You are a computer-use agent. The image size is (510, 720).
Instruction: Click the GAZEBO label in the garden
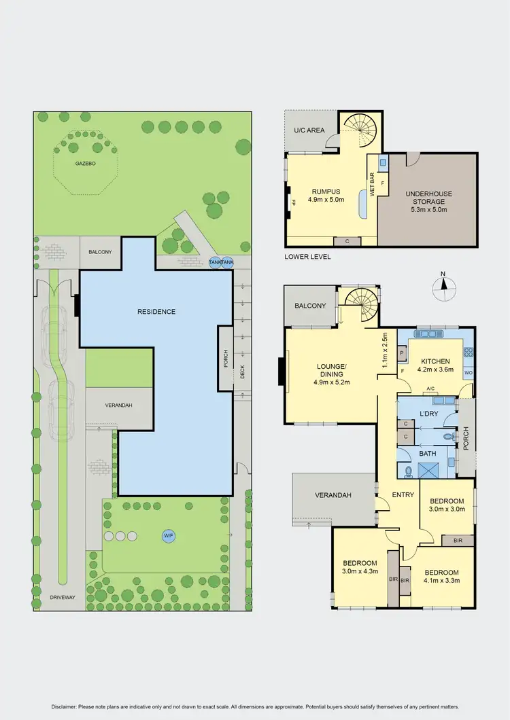[x=85, y=164]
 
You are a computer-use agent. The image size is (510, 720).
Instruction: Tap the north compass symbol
[x=443, y=287]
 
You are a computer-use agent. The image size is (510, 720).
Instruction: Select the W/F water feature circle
[x=168, y=535]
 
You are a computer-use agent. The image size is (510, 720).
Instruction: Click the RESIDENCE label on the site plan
[x=156, y=312]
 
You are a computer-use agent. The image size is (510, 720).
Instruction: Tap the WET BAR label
[x=372, y=183]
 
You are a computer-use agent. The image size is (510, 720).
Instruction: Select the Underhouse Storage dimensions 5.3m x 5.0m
[x=428, y=210]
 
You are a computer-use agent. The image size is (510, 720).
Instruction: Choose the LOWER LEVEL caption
[x=308, y=257]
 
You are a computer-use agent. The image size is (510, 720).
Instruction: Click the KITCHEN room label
[x=435, y=361]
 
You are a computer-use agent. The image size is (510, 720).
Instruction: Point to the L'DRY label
[x=428, y=414]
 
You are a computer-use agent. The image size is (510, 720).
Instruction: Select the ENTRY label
[x=403, y=495]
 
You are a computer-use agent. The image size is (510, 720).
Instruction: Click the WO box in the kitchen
[x=468, y=374]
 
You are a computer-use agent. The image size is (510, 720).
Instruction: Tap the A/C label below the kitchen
[x=430, y=389]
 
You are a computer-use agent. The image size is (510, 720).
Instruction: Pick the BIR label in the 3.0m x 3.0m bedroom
[x=457, y=540]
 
